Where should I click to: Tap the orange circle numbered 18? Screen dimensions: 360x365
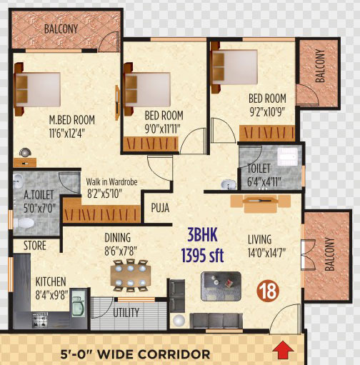[x=268, y=291]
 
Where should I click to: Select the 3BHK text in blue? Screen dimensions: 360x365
[x=202, y=235]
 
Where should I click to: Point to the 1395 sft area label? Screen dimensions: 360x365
[x=202, y=255]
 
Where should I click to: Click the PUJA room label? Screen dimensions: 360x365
[x=160, y=208]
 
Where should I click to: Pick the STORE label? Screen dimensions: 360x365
[x=35, y=246]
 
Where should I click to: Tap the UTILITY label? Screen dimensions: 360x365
[x=126, y=313]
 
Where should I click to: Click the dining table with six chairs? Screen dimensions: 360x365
[x=131, y=276]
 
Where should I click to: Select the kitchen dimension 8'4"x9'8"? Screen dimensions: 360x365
[x=51, y=295]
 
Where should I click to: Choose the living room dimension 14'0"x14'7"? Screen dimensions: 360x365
[x=266, y=252]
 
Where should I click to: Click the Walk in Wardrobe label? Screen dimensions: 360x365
[x=111, y=182]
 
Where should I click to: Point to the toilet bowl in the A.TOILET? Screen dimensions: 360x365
[x=24, y=223]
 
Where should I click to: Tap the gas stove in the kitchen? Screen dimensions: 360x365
[x=39, y=321]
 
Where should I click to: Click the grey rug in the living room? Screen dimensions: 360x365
[x=221, y=286]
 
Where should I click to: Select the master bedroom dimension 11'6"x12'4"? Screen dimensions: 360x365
[x=67, y=133]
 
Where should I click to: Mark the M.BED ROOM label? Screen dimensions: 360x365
[x=71, y=120]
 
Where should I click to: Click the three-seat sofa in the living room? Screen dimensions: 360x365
[x=216, y=321]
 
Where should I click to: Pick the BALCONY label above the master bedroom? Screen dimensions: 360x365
[x=61, y=29]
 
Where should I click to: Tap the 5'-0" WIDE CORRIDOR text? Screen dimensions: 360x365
[x=135, y=354]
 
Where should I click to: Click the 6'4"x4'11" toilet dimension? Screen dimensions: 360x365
[x=264, y=182]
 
